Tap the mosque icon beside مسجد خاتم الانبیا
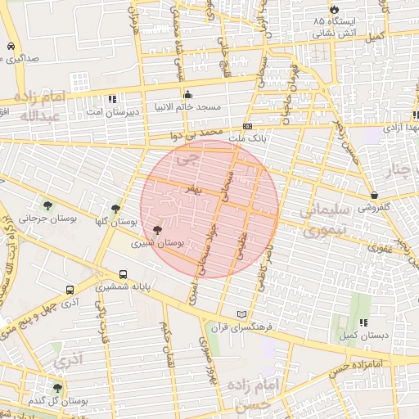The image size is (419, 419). pos(188,93)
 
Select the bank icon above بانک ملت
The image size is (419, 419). pos(247,127)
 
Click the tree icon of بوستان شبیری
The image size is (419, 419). pos(158,230)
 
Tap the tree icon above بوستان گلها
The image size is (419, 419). pos(115,209)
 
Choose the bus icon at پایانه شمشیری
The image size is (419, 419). pos(123,275)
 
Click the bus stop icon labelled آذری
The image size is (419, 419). pos(70,289)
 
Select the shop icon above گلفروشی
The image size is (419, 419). pos(374,196)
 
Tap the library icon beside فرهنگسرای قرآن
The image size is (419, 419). pos(240,314)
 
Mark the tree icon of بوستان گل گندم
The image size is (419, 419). pos(57,388)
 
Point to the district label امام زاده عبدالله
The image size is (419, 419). pos(39,107)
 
